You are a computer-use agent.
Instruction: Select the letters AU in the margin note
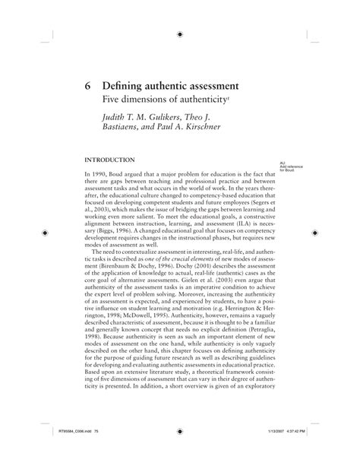click(282, 163)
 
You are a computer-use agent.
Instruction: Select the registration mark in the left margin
click(45, 233)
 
